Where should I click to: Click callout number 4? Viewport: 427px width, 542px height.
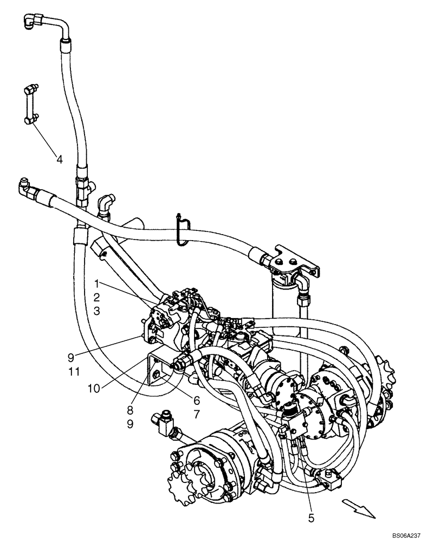tap(59, 159)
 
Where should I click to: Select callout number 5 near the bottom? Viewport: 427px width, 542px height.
tap(310, 518)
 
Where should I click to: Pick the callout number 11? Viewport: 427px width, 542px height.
tap(75, 371)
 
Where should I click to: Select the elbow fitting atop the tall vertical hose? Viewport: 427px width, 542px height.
tap(31, 23)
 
